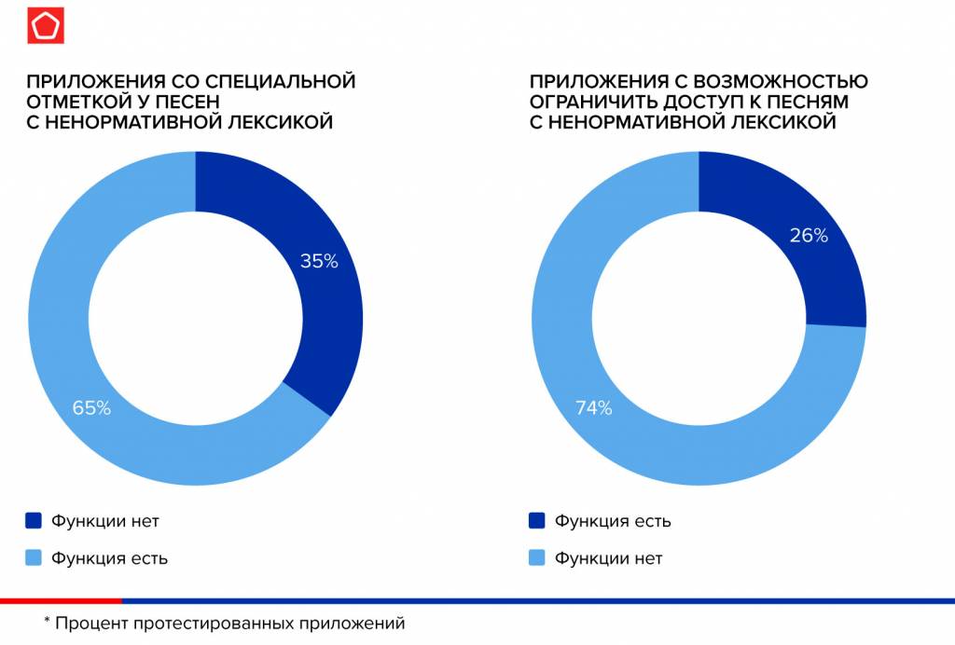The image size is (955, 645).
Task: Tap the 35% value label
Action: point(318,262)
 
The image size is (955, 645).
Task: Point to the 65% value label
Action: point(91,407)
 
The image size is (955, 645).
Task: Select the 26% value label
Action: point(809,236)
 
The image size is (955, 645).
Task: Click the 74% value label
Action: point(593,407)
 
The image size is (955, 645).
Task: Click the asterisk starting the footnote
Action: point(47,622)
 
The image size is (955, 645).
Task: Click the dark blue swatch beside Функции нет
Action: point(34,521)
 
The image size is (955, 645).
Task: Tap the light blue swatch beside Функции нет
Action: point(536,558)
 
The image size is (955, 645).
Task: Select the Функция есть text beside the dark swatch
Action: point(613,521)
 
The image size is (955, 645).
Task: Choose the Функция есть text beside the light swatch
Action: point(110,558)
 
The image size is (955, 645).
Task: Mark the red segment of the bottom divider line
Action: point(61,600)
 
